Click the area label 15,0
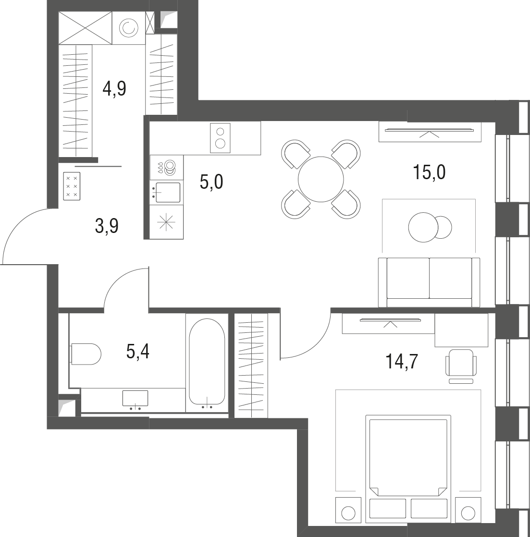pyautogui.click(x=429, y=172)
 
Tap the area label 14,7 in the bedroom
pyautogui.click(x=402, y=361)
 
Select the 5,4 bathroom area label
pyautogui.click(x=138, y=352)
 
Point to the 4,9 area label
pyautogui.click(x=114, y=89)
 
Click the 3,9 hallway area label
pyautogui.click(x=107, y=226)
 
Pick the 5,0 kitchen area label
pyautogui.click(x=211, y=182)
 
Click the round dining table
pyautogui.click(x=320, y=179)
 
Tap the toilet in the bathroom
pyautogui.click(x=86, y=354)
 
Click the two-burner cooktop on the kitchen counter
pyautogui.click(x=220, y=138)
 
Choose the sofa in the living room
pyautogui.click(x=429, y=282)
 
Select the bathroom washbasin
pyautogui.click(x=136, y=399)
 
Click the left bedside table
pyautogui.click(x=348, y=510)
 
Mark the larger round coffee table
pyautogui.click(x=423, y=227)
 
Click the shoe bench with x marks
pyautogui.click(x=72, y=186)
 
